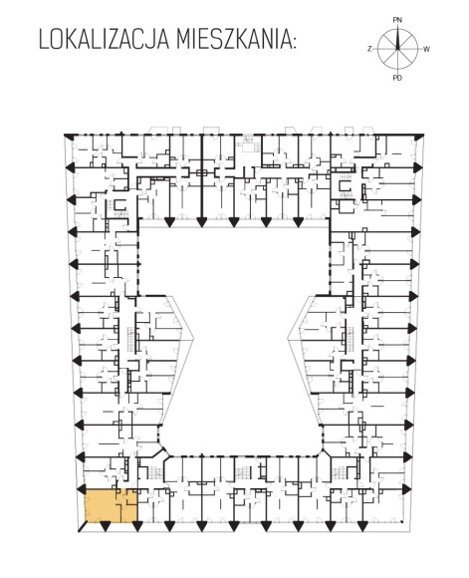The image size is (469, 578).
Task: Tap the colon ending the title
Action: coord(294,42)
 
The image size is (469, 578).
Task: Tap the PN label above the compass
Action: coord(397,20)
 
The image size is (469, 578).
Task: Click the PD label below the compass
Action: coord(397,78)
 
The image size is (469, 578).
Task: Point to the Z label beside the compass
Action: coord(369,49)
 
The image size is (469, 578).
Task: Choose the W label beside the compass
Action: coord(426,49)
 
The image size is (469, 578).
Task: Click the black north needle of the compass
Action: coord(397,39)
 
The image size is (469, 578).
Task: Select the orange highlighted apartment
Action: coord(112,506)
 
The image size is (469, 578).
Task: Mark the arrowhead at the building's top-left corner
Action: coord(68,137)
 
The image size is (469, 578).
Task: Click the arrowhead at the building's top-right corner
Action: coord(419,138)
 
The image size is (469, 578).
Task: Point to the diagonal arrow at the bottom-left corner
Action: coord(83,527)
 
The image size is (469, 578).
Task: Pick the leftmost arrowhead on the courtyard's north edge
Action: coord(169,222)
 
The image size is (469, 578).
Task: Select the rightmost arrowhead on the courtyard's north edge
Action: coord(298,222)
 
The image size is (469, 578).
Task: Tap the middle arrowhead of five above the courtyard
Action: coord(233,222)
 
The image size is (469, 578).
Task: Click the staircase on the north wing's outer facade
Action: coord(247,143)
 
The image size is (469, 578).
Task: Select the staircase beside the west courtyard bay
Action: coord(131,338)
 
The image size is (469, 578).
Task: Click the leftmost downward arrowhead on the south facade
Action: coord(105,527)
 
